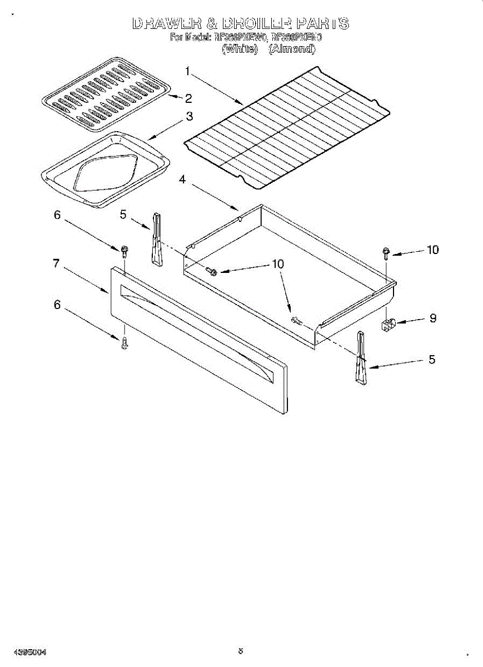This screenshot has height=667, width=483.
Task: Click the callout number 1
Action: coord(188,71)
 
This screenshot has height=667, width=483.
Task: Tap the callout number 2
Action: coord(188,99)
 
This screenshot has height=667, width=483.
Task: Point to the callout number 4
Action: coord(183,179)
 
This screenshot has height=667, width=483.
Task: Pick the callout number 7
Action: coord(56,263)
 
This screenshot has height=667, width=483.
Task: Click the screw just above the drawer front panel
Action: coord(125,251)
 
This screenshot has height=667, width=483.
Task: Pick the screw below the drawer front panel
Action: coord(125,344)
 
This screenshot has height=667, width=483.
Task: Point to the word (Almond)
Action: coord(292,48)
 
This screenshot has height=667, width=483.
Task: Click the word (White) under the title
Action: coord(240,48)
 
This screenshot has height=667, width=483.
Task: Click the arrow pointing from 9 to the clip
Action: coord(411,321)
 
